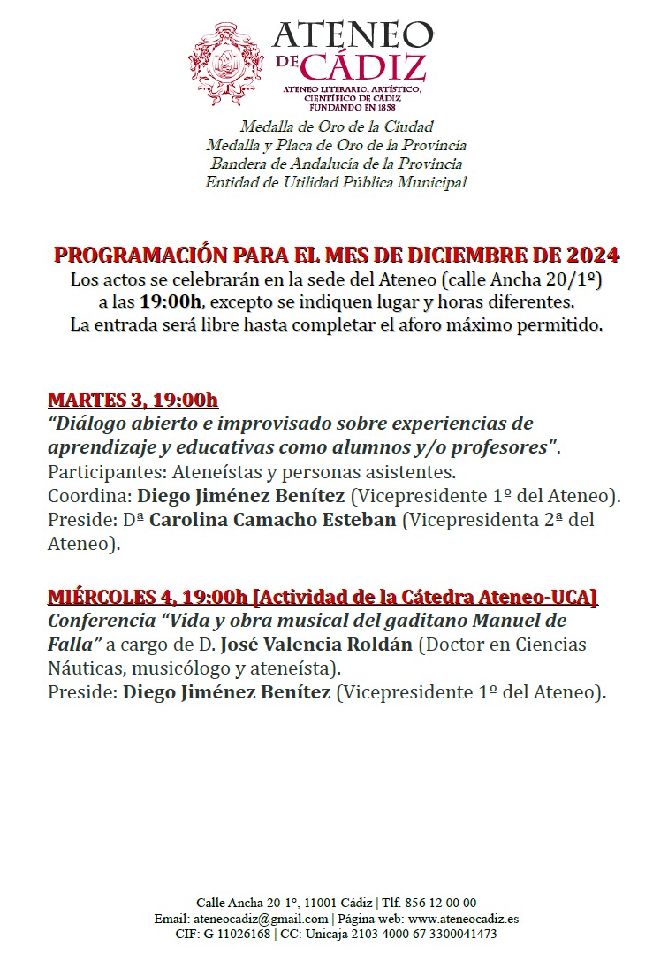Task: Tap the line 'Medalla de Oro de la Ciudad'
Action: tap(337, 126)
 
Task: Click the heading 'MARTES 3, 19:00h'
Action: tap(133, 400)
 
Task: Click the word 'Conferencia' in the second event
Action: tap(102, 621)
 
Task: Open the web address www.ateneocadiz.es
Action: tap(464, 919)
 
